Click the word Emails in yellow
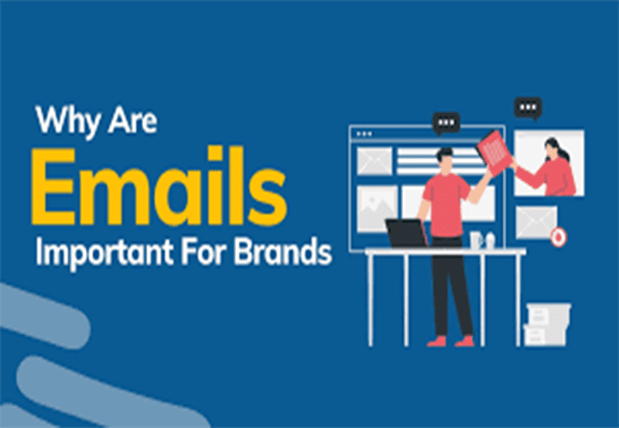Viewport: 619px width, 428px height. [x=159, y=186]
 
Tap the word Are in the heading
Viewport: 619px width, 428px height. [x=132, y=120]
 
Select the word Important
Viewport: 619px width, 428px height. [x=104, y=252]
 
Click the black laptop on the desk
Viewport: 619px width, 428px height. [x=407, y=233]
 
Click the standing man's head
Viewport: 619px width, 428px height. [x=446, y=160]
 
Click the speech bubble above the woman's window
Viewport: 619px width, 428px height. [x=528, y=108]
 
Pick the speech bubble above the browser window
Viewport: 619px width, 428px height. [x=446, y=124]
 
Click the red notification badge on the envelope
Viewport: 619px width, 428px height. [x=558, y=238]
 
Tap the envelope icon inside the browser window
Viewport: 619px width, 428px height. [x=374, y=161]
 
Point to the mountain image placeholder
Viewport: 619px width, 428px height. [x=377, y=208]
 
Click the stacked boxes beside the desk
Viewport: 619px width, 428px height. [x=547, y=325]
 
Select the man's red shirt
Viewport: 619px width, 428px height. [x=446, y=204]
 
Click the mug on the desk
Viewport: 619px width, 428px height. [x=476, y=240]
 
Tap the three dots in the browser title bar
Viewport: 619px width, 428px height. [x=364, y=134]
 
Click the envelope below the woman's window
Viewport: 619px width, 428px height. [x=536, y=223]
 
